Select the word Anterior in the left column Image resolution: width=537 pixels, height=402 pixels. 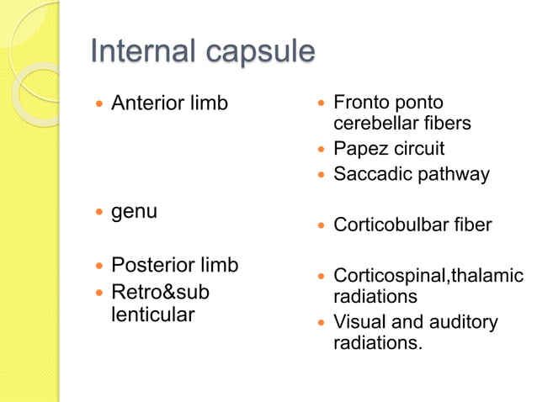147,103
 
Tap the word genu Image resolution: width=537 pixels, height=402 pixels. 134,212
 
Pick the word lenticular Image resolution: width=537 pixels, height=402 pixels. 152,315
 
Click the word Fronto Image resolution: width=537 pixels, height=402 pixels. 362,103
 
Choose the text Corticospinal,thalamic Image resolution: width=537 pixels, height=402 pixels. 428,275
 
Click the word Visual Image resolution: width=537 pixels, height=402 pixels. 359,322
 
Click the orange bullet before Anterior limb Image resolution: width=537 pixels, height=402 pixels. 99,104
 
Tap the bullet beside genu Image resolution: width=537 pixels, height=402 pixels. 99,212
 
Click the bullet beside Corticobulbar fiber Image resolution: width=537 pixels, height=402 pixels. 321,225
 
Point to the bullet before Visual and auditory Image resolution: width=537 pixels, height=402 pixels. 321,323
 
